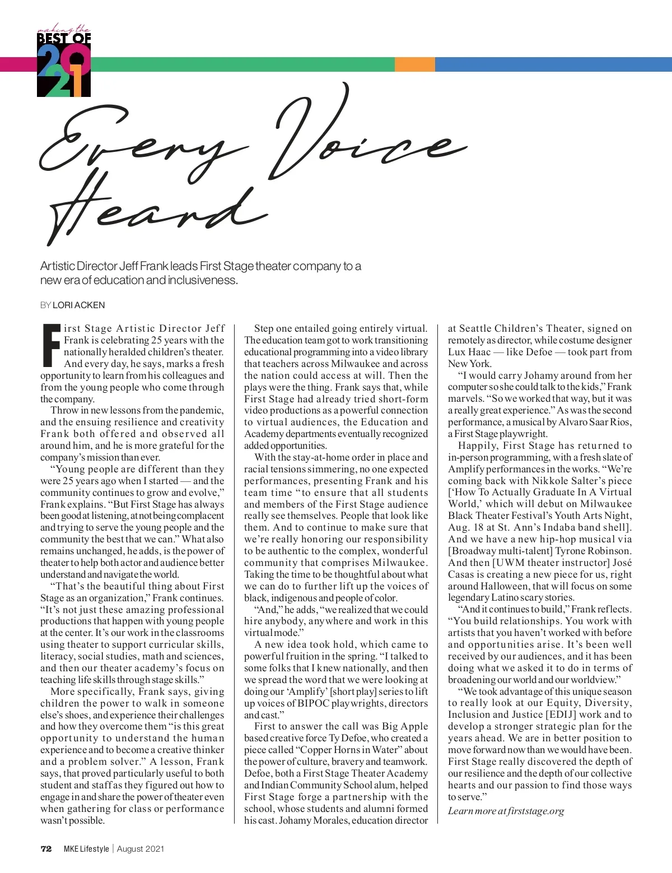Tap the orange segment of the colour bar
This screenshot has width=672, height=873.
[x=414, y=64]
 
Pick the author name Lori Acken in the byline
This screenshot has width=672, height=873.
[x=78, y=305]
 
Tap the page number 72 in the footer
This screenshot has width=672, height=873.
[x=46, y=849]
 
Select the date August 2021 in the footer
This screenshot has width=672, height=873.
[x=141, y=849]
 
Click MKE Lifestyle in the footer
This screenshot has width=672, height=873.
[x=86, y=849]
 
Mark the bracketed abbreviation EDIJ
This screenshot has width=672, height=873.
[x=561, y=715]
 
